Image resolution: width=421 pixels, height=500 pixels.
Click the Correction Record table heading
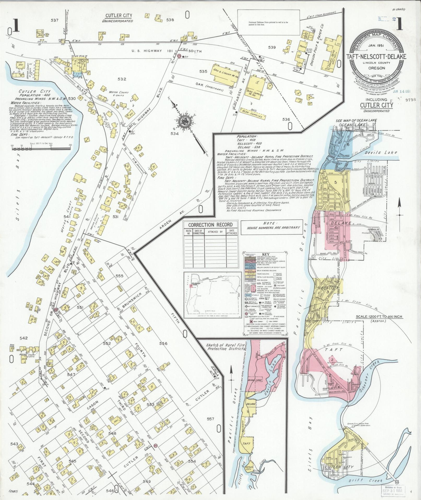click(x=211, y=225)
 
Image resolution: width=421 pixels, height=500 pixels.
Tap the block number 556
click(x=163, y=343)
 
